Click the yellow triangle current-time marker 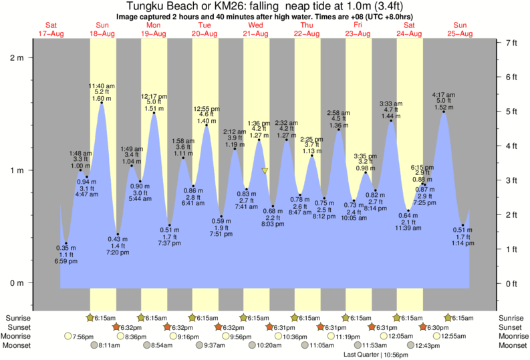point(265,171)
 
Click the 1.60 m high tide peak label point(102,97)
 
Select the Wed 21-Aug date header point(255,29)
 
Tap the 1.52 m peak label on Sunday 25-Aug point(444,107)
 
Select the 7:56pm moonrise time point(83,337)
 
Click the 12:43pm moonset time point(430,346)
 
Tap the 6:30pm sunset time point(438,327)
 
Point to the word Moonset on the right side point(513,346)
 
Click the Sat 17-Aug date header point(51,29)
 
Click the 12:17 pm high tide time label point(154,96)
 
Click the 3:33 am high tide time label point(391,104)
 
